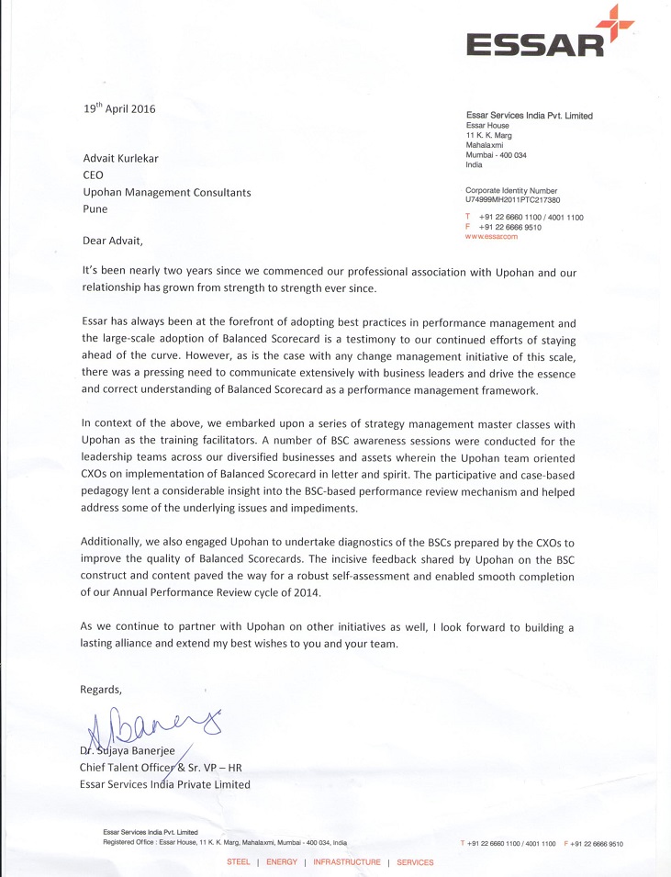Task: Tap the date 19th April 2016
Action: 119,108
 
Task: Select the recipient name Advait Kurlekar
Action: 120,158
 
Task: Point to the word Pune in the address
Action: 95,208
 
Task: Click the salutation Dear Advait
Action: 114,241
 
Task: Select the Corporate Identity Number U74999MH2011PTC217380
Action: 512,199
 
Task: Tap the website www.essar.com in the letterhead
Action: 492,236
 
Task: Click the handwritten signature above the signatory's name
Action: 151,725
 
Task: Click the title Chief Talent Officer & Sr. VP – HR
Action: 162,768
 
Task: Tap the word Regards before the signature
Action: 101,689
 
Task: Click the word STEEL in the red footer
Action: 238,862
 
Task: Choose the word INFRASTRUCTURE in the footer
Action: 346,862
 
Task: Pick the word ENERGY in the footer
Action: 281,862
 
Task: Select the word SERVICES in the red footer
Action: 415,862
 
